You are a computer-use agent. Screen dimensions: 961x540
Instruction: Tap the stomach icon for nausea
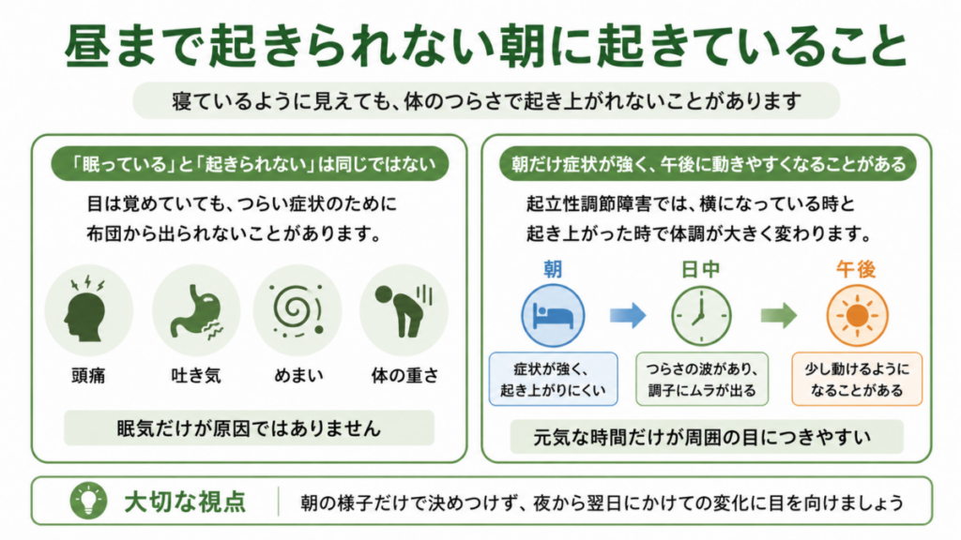(x=196, y=309)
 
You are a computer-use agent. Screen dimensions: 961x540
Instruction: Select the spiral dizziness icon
(x=297, y=309)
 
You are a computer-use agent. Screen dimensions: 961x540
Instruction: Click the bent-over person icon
(x=404, y=309)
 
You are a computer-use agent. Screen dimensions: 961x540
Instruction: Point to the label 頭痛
(x=88, y=375)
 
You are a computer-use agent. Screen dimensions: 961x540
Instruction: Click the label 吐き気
(x=196, y=375)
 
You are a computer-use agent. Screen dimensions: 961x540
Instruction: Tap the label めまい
(x=298, y=375)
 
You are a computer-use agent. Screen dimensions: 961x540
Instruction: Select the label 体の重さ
(x=404, y=375)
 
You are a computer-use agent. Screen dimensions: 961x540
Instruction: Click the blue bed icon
(x=553, y=316)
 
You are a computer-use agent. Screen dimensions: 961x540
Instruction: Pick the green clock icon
(x=701, y=316)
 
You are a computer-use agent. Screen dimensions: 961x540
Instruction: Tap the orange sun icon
(x=857, y=316)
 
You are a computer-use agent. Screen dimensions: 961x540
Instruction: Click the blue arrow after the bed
(x=628, y=316)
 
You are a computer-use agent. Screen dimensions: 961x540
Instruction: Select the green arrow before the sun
(x=779, y=316)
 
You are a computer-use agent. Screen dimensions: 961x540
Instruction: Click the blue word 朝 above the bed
(x=553, y=269)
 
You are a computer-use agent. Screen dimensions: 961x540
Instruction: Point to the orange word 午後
(x=856, y=269)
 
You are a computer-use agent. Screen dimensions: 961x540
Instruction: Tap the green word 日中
(x=700, y=269)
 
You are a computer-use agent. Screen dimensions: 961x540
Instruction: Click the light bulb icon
(x=89, y=501)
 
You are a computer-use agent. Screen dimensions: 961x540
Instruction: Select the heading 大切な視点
(x=185, y=502)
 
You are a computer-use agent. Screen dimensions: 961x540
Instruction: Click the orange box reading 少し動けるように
(x=857, y=379)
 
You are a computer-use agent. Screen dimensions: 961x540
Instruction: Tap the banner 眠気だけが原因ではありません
(x=249, y=427)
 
